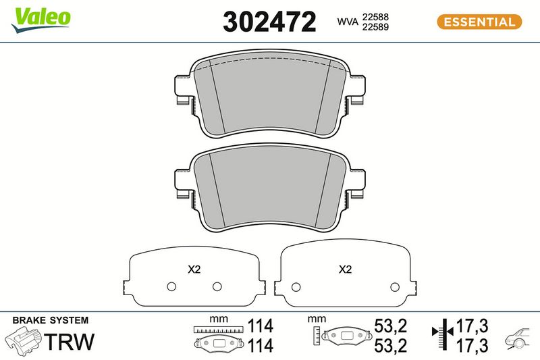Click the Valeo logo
(40, 20)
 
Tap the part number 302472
(269, 22)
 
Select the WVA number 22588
(375, 17)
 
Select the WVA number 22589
(375, 27)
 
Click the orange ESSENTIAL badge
(479, 22)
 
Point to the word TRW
(69, 341)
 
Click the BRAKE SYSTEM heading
(51, 320)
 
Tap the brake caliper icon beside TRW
(23, 341)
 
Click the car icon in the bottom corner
(518, 339)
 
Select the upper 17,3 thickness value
(472, 326)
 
